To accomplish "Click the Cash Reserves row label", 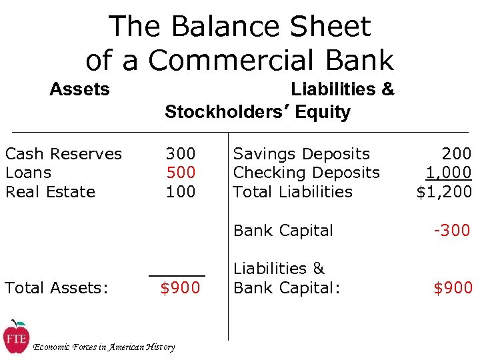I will (63, 154).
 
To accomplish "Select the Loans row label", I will (28, 173).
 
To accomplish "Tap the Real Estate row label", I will (51, 192).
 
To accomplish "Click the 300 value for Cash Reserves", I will (181, 154).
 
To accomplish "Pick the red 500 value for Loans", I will (181, 173).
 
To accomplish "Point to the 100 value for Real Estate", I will (181, 192).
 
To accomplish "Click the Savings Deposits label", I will (301, 154).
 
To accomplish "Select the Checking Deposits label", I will (307, 173).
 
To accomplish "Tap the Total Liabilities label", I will (293, 192).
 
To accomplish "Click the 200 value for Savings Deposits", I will (456, 154).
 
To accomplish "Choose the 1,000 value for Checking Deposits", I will (449, 173).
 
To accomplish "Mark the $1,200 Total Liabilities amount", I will (444, 192).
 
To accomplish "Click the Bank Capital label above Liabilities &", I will (283, 231).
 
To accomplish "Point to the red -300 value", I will (452, 231).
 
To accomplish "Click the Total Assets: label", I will (57, 288).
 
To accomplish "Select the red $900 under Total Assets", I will (180, 288).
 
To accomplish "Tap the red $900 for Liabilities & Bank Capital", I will (453, 288).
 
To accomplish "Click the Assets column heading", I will (79, 89).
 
